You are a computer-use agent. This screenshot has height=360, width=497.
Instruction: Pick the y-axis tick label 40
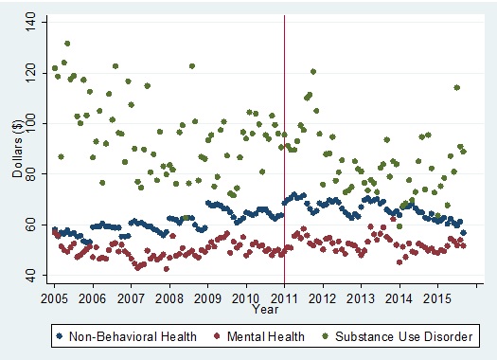[x=37, y=276]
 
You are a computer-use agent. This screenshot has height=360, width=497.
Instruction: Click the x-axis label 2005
[x=54, y=298]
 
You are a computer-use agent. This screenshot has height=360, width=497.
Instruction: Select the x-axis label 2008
[x=169, y=298]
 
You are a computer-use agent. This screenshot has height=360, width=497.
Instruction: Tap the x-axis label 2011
[x=284, y=298]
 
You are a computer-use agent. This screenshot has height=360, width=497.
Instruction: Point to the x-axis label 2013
[x=361, y=298]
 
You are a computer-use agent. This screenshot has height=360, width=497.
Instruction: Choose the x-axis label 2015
[x=437, y=298]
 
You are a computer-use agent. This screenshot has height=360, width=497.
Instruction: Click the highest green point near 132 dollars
[x=66, y=44]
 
